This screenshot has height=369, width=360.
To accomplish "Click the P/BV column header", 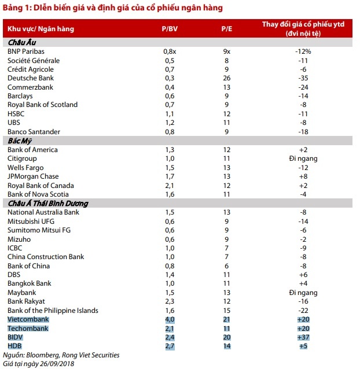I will [x=169, y=28].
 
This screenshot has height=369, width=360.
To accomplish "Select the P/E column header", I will [x=227, y=28].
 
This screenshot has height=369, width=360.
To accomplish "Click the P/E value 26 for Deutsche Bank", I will [x=227, y=78].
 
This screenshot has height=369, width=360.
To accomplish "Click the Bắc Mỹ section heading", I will [x=20, y=141].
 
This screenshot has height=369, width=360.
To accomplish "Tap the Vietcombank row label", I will [x=28, y=319].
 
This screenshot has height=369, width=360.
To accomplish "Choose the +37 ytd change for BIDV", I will [x=303, y=337].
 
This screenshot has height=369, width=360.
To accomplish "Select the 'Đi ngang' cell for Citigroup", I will [x=303, y=158].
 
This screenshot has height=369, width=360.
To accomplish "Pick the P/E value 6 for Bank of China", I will [x=227, y=266].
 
